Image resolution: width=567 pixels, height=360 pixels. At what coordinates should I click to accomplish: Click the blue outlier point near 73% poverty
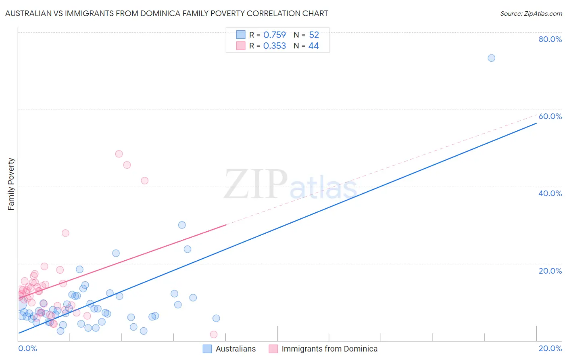click(491, 58)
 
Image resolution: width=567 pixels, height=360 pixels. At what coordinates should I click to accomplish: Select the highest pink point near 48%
click(119, 154)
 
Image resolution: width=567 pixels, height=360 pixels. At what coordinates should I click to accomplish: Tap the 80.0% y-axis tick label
click(550, 39)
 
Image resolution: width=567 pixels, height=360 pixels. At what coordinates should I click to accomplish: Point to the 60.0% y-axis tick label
click(550, 116)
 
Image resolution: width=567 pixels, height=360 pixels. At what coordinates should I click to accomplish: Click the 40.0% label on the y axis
click(550, 193)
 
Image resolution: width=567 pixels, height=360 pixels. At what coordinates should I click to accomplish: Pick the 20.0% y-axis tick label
click(550, 271)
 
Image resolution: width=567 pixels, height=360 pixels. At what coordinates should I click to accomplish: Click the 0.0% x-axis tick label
click(27, 348)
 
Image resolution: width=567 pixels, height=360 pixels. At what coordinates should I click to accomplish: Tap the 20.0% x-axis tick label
click(550, 348)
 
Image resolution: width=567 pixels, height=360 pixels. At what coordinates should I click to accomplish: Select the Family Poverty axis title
click(11, 184)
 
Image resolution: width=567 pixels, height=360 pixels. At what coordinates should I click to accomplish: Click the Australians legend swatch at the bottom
click(207, 349)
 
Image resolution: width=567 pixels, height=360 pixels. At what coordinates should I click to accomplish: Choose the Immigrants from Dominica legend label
click(329, 349)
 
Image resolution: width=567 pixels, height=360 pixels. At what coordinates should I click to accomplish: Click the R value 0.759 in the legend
click(274, 35)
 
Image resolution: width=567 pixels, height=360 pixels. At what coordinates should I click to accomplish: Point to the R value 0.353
click(274, 46)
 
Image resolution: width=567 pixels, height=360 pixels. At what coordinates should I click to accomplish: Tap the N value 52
click(314, 35)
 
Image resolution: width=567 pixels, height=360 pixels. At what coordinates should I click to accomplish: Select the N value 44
click(313, 46)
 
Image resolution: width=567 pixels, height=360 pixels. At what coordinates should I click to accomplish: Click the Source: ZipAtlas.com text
click(531, 14)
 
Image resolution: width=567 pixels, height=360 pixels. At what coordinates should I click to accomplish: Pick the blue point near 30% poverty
click(182, 225)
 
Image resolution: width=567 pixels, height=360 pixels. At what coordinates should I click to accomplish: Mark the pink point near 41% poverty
click(144, 180)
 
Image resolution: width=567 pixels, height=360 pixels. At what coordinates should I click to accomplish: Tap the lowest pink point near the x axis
click(214, 335)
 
